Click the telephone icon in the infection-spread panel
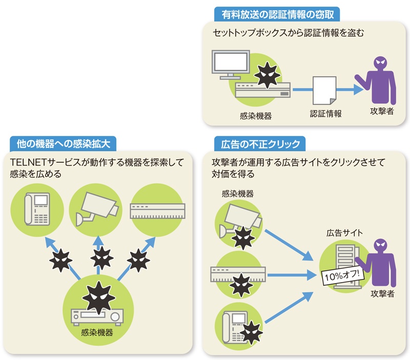point(37,209)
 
